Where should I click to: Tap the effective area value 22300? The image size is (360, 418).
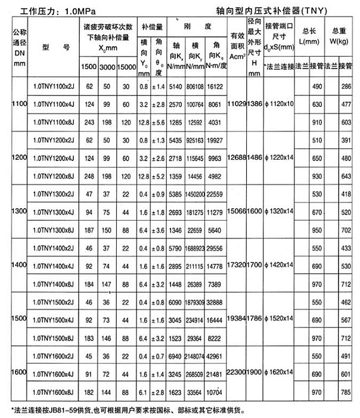tap(238, 373)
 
